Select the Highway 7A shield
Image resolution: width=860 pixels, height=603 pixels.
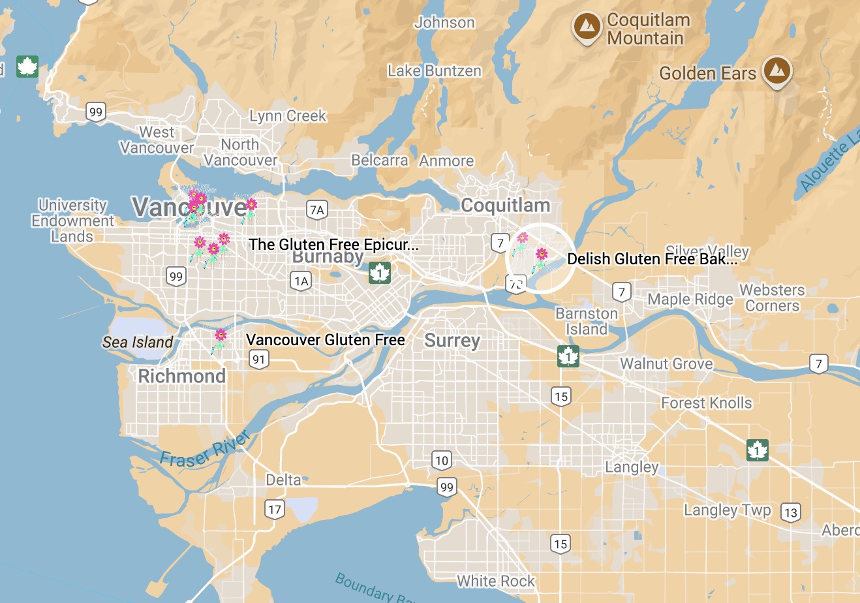pos(316,209)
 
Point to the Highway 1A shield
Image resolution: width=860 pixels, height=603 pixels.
pos(301,281)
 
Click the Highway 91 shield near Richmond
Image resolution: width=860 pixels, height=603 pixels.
pos(259,359)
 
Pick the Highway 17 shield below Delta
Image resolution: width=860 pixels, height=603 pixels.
pos(275,510)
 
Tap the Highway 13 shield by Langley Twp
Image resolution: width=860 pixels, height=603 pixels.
pos(791,512)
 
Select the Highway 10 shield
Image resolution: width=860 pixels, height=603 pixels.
pos(442,460)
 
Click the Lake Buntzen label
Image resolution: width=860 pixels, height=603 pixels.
pos(435,70)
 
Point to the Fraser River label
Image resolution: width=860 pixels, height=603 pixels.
pos(206,450)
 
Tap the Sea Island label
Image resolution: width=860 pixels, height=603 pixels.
pos(138,342)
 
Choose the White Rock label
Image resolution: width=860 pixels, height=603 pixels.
pos(496,581)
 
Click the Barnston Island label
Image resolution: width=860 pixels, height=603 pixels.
pos(586,321)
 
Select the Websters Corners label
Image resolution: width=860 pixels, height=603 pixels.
pos(772,298)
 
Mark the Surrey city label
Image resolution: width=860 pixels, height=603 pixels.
pos(452,341)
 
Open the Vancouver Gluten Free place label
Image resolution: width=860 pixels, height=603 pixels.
pos(326,339)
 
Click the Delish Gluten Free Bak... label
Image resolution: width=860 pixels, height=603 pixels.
pos(653,259)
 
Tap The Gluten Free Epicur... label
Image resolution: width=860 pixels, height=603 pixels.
pos(333,245)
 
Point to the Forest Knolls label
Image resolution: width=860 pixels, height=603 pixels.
pos(707,403)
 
